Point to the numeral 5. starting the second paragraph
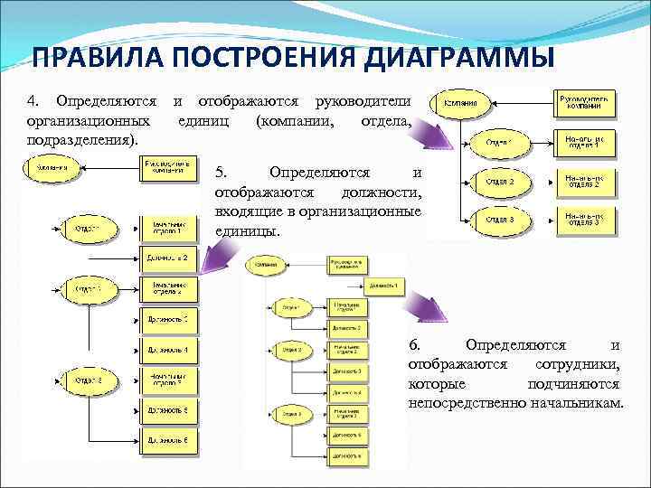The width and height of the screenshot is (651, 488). tap(225, 173)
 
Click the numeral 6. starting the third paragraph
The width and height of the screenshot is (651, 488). tap(415, 344)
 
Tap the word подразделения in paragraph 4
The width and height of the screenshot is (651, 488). tap(81, 140)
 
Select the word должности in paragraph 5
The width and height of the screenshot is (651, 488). tap(380, 192)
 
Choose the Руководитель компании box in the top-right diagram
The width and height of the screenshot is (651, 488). tap(588, 104)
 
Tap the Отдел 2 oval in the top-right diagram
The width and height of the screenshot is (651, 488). tap(499, 182)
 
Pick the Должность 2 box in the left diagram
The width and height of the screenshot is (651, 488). tap(168, 258)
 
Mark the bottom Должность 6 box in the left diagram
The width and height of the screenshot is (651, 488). tap(168, 440)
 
